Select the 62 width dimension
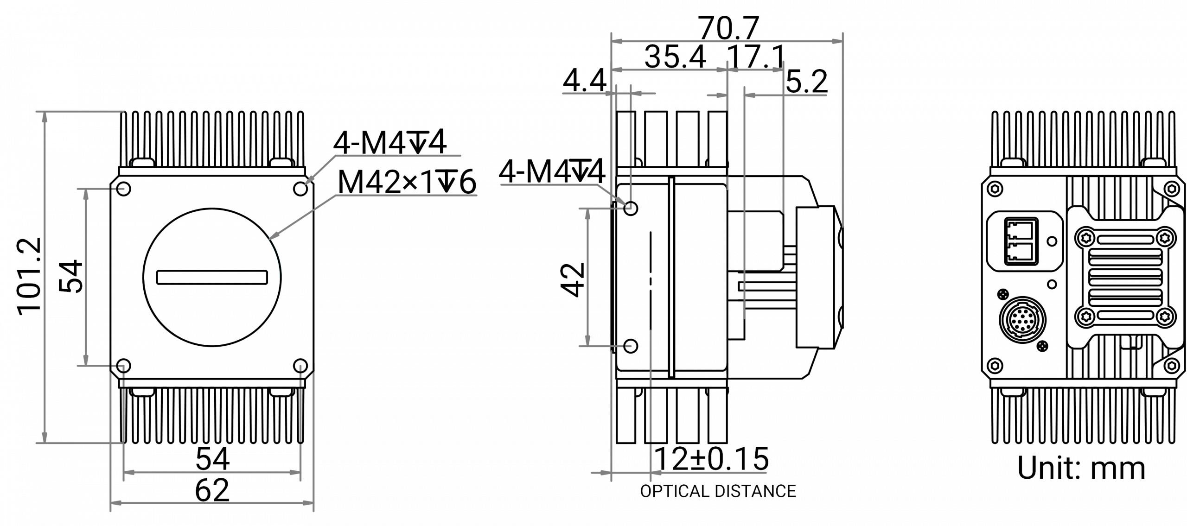tap(212, 489)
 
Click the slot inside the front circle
tap(212, 277)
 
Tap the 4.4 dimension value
tap(584, 83)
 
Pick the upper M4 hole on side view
tap(631, 208)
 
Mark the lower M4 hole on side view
tap(631, 345)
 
